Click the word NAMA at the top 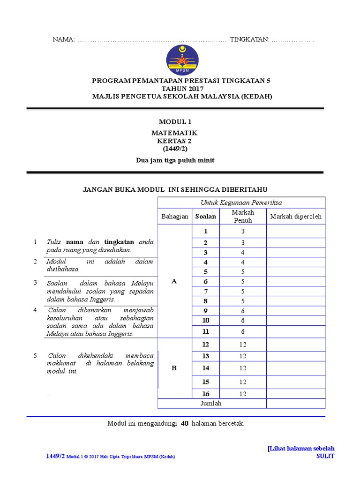point(63,40)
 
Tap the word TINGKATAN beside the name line point(249,40)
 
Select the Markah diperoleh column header point(296,217)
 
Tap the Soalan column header point(206,217)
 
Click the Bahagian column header point(175,217)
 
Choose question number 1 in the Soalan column point(205,231)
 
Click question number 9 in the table point(205,310)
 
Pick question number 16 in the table point(205,394)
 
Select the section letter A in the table point(174,281)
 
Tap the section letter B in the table point(174,368)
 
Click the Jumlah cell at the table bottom point(211,403)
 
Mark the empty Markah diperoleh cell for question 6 point(296,282)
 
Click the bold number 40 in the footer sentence point(184,423)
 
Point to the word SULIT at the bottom point(325,456)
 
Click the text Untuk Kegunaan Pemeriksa point(241,202)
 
